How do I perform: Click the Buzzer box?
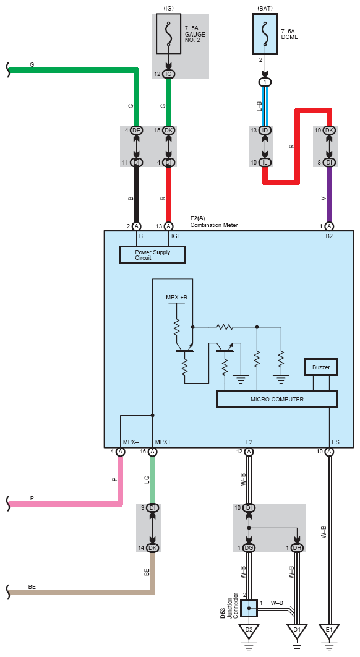pos(321,367)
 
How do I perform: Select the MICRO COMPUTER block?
pos(277,399)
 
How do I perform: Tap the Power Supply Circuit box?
pos(153,255)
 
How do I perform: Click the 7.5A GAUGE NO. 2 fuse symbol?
pos(168,34)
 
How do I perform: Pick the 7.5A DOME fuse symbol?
pos(265,34)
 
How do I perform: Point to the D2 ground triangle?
pos(249,630)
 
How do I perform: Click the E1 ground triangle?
pos(329,630)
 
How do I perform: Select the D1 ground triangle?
pos(297,630)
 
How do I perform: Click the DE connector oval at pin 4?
pos(136,131)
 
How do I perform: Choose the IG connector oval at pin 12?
pos(168,74)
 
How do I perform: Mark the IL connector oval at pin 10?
pos(265,162)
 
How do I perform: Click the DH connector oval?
pos(297,548)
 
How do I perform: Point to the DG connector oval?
pos(249,548)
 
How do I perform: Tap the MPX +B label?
pos(176,297)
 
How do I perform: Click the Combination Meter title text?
pos(214,225)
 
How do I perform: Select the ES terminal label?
pos(335,442)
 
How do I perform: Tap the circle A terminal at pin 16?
pos(153,452)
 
